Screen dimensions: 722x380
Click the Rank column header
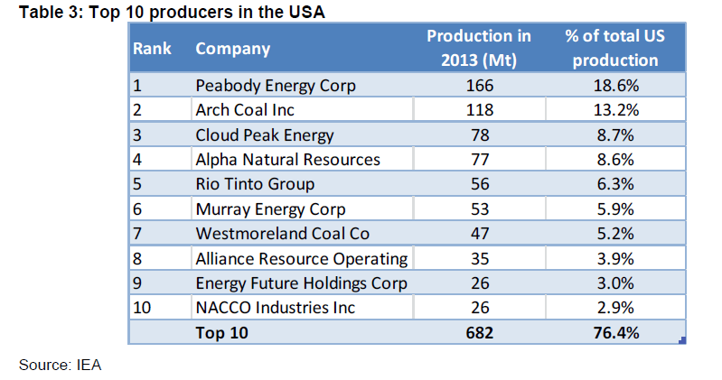pos(152,49)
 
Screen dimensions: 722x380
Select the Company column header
pos(232,50)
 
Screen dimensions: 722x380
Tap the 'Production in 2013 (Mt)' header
pos(479,48)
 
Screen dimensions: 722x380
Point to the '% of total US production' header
pos(615,48)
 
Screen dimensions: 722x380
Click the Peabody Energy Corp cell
pos(276,86)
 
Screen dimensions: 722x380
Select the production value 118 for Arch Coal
pos(479,110)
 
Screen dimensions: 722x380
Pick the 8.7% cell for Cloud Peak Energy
pos(615,135)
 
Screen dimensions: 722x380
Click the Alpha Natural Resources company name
pos(287,160)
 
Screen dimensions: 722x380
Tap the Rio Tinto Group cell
pos(255,184)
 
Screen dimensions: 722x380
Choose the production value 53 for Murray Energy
pos(479,209)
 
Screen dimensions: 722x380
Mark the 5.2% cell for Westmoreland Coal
pos(615,234)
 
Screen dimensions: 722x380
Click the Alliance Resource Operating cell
pos(302,259)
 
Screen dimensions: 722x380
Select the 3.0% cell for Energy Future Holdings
pos(615,283)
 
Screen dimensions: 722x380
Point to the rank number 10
pos(142,308)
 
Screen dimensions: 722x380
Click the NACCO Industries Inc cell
pos(275,308)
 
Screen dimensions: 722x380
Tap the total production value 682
pos(479,333)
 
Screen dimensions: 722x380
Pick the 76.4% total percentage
pos(615,333)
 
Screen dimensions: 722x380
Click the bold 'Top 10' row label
pos(221,333)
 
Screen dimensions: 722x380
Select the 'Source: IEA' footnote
pos(60,365)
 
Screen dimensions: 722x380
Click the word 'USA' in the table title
pos(306,12)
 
